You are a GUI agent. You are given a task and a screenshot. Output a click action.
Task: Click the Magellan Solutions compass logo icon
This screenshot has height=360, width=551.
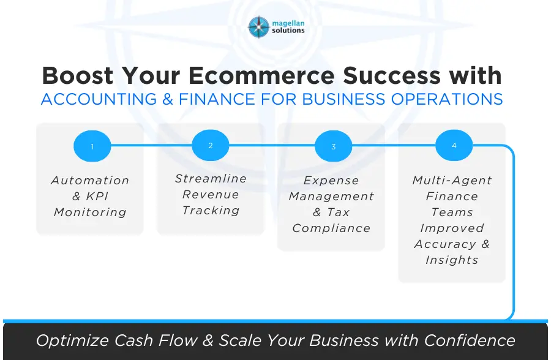tap(259, 27)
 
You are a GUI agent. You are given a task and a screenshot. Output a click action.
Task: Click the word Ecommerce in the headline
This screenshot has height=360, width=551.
tap(257, 75)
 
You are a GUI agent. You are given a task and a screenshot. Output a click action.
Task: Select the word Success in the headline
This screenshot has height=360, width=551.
tap(389, 75)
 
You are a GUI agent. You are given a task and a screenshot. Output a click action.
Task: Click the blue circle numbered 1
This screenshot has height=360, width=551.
tap(92, 147)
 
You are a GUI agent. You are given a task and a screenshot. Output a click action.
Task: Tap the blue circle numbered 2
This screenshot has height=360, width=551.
tap(210, 146)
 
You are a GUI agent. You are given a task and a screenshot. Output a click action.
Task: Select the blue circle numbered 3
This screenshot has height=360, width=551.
tap(333, 147)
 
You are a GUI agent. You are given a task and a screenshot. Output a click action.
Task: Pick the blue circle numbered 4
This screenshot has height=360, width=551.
tap(454, 146)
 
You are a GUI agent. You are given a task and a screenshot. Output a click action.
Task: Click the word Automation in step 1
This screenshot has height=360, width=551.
tap(90, 181)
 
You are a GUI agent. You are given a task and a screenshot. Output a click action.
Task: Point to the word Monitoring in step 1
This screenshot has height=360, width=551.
tap(90, 212)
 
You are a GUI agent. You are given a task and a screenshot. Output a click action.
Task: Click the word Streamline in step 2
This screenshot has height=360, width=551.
tap(211, 179)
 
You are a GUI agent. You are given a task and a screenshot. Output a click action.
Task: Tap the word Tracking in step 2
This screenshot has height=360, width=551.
tap(211, 211)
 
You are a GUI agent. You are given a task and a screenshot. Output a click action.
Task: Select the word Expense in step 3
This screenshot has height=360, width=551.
tap(331, 181)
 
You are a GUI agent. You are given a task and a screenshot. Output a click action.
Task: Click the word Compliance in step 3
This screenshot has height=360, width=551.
tap(331, 228)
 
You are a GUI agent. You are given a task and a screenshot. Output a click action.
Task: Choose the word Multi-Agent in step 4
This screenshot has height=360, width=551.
tap(452, 181)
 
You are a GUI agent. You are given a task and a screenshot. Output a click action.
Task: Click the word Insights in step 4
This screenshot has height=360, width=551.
tap(452, 260)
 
